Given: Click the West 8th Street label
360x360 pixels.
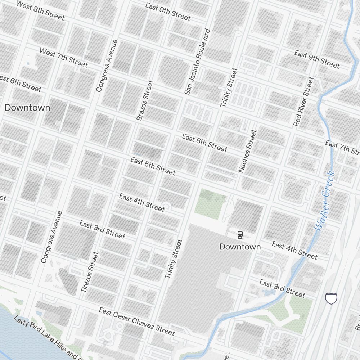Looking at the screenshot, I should click(40, 11).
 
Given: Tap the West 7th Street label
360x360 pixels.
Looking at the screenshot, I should click(63, 58).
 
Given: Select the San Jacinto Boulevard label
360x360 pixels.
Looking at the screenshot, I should click(197, 62).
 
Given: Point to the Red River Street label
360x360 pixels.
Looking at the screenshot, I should click(303, 102).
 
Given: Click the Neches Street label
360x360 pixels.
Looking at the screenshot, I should click(248, 151).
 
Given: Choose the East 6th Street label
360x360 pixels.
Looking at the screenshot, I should click(204, 143).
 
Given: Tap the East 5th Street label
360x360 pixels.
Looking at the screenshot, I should click(153, 166).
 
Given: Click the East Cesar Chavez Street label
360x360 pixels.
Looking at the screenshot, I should click(137, 321).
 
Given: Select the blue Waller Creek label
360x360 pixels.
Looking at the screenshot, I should click(324, 201).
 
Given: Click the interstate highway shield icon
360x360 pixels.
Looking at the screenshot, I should click(331, 298).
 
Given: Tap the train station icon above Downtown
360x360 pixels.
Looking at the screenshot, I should click(240, 235).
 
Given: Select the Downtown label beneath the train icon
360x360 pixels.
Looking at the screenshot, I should click(240, 247).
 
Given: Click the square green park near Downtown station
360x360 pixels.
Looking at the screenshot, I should click(210, 204).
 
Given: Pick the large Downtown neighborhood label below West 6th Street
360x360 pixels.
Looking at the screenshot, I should click(27, 108).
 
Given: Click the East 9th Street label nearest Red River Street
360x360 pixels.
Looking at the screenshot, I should click(317, 59).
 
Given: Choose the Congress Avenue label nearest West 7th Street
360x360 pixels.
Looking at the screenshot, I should click(107, 66).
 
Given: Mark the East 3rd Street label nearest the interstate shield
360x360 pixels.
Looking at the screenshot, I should click(282, 288).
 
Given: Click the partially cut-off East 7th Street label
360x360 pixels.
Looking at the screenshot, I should click(342, 147).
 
